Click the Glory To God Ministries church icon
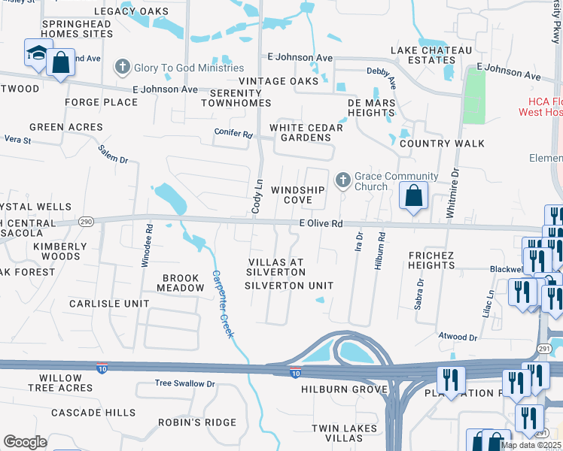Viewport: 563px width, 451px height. (122, 68)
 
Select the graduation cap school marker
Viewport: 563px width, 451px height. (37, 53)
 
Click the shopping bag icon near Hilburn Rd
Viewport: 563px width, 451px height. (413, 196)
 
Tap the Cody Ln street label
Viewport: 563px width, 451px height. (257, 195)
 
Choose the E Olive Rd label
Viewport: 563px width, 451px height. (321, 224)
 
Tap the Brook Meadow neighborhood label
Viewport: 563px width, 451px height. (180, 283)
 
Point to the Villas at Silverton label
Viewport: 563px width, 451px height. (275, 267)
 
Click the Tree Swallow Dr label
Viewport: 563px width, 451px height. (184, 383)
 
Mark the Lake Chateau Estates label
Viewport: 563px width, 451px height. (431, 55)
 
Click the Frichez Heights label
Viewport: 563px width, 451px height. (442, 260)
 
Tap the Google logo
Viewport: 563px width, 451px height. (25, 442)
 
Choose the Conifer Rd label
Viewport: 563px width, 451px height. (236, 135)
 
